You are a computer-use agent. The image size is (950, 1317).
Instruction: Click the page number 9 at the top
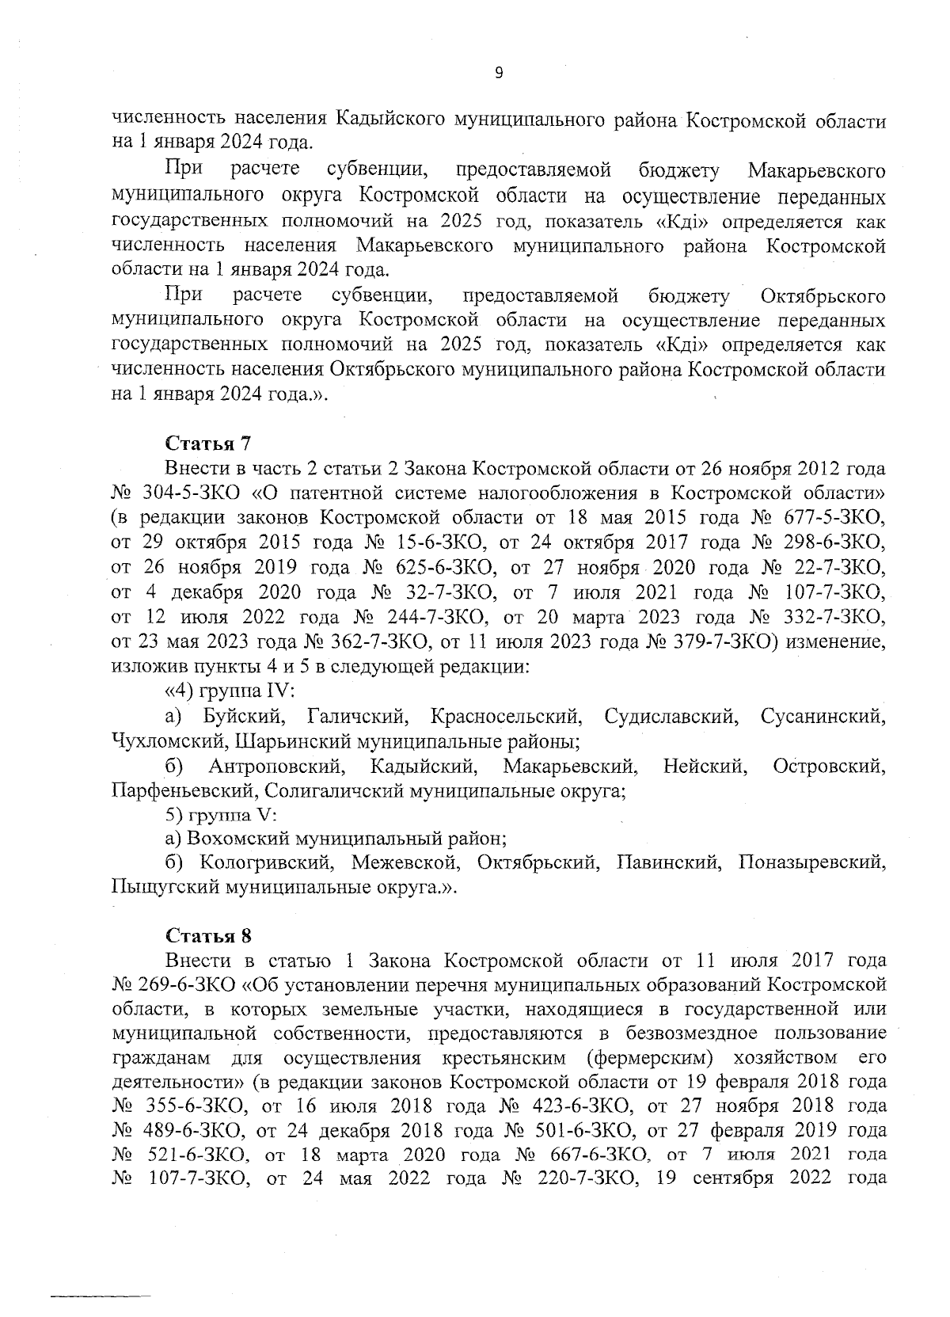pos(498,73)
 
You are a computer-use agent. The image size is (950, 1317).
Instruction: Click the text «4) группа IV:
pos(230,691)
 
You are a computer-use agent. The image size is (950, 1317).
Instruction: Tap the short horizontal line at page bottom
pos(101,1296)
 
